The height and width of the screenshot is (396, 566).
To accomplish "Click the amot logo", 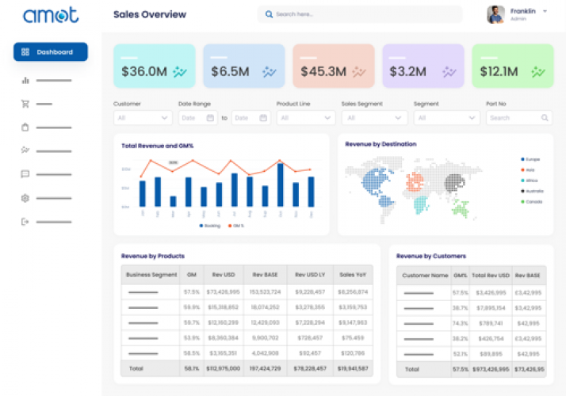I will tap(51, 15).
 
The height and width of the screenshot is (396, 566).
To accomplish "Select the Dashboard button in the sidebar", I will tap(51, 52).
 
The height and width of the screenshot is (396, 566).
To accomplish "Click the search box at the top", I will tap(360, 14).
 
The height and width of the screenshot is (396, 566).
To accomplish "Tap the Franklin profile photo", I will tap(495, 14).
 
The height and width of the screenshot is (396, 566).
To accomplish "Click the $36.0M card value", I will tap(144, 72).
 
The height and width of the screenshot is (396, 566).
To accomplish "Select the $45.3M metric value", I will tap(323, 72).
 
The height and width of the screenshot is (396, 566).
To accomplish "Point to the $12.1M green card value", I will tap(499, 72).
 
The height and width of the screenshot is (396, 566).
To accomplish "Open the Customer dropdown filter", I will tap(143, 118).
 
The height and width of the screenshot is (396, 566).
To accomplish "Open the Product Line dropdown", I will tap(306, 118).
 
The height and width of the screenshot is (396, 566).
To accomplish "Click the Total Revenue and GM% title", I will tap(158, 146).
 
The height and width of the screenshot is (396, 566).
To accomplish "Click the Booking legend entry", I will tap(209, 226).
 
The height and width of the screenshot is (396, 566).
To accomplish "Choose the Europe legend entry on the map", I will tap(531, 159).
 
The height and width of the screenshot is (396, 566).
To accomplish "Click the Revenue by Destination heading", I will tap(381, 144).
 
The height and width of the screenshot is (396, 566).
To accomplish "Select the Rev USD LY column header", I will tap(310, 275).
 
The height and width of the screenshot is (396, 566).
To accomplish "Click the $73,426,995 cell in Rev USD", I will tap(222, 292).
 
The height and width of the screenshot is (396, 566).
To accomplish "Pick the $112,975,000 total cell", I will tap(222, 368).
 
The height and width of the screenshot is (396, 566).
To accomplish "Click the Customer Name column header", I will tap(424, 275).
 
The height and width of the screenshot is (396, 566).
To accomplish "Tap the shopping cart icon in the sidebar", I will tap(25, 104).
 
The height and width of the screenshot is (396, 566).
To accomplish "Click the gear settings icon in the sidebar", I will tap(25, 198).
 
